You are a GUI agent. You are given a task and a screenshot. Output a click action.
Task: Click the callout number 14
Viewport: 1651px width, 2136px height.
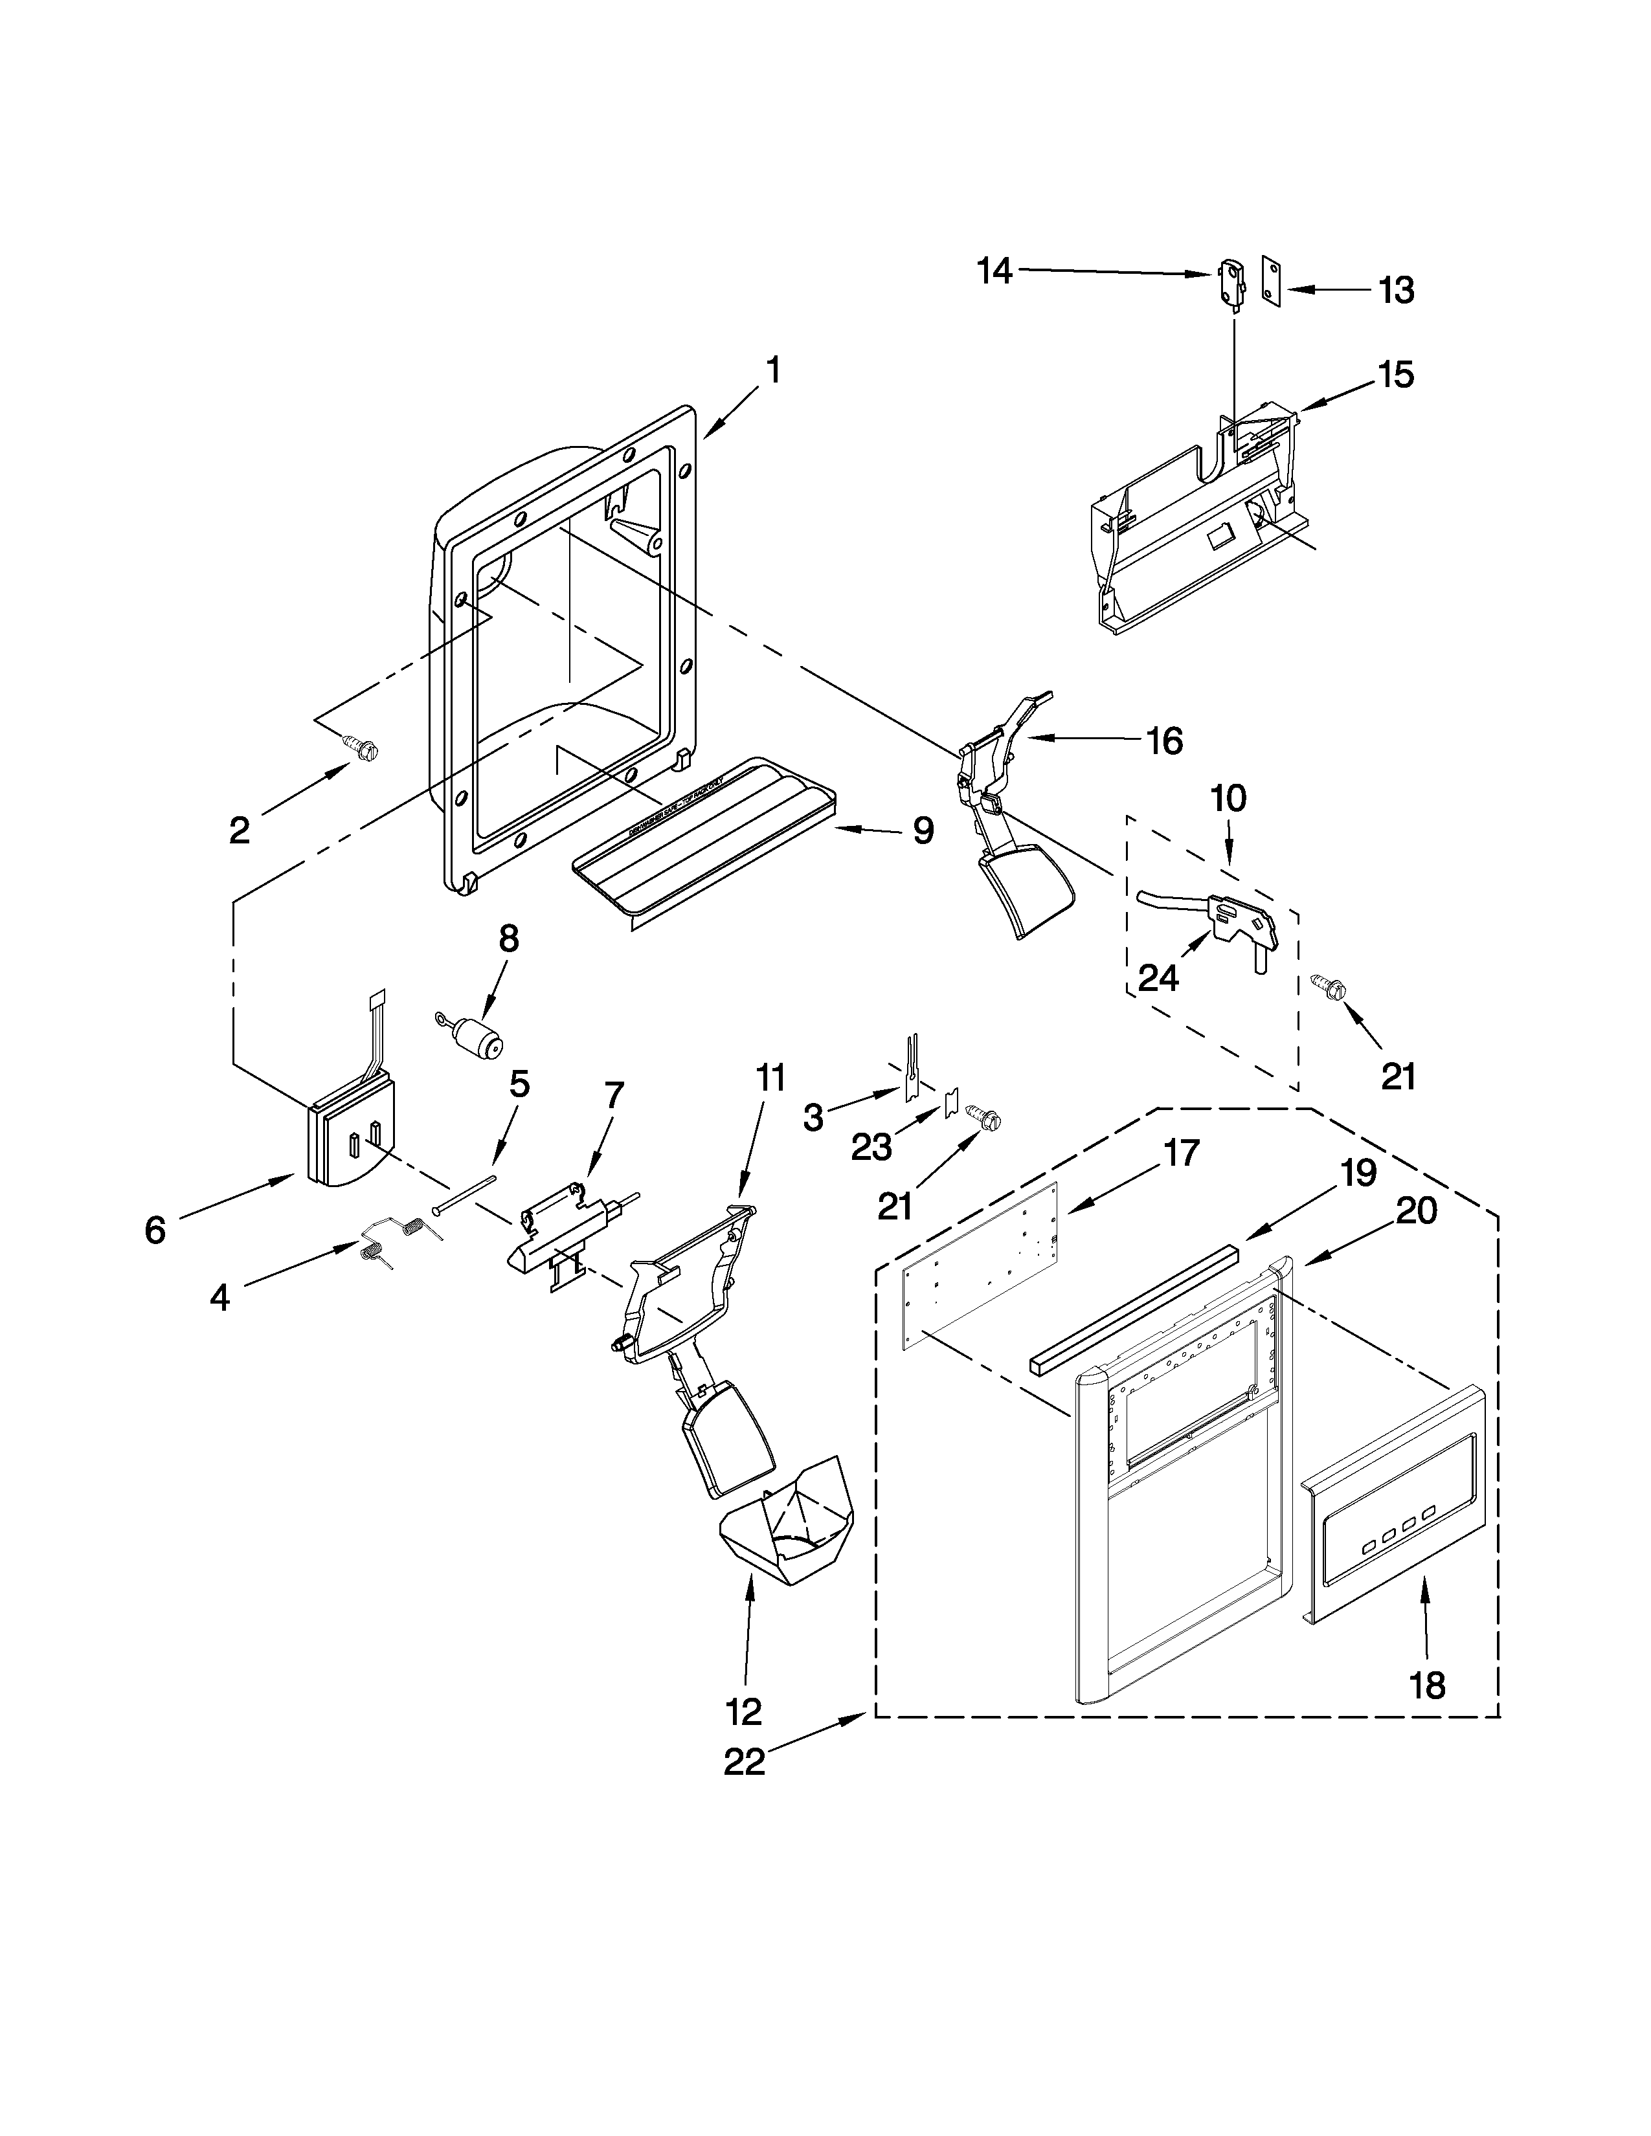click(994, 271)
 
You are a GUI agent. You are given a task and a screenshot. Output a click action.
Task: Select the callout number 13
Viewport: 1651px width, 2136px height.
click(1396, 291)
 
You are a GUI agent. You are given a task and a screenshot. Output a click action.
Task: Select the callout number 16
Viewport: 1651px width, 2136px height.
click(1164, 741)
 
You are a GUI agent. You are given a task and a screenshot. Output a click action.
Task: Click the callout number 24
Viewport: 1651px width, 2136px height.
click(1158, 978)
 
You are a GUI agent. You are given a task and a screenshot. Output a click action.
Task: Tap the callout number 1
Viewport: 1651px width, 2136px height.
click(772, 371)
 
